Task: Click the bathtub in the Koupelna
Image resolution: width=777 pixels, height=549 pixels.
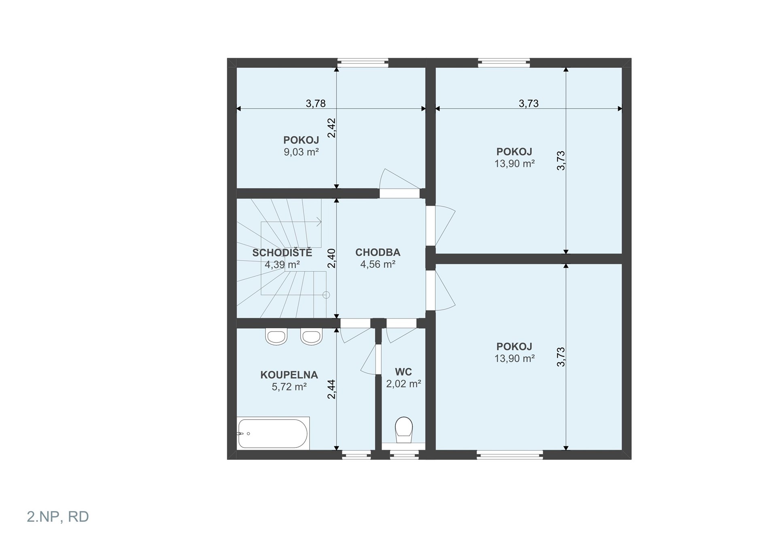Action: click(273, 433)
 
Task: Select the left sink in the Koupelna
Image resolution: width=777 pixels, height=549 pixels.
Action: click(276, 336)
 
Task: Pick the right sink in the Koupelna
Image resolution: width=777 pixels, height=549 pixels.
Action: click(311, 336)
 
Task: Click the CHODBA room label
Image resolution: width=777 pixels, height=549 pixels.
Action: click(378, 252)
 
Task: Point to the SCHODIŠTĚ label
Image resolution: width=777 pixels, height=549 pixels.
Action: click(282, 253)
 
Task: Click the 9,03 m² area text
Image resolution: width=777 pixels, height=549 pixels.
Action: click(301, 152)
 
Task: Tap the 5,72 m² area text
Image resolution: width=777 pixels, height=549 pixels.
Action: click(289, 386)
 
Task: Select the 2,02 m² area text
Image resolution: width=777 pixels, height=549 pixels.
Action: click(403, 383)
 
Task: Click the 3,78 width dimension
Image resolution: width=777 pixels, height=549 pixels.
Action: click(316, 103)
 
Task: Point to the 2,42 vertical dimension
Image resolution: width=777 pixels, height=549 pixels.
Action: click(331, 128)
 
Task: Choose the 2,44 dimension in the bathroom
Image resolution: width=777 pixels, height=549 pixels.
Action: click(331, 389)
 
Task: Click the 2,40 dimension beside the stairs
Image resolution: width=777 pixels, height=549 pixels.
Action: click(331, 258)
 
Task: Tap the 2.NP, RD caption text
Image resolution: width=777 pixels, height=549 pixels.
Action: click(58, 517)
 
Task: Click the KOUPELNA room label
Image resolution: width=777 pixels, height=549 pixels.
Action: click(289, 375)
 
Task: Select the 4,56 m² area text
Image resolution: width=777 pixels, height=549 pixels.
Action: click(378, 264)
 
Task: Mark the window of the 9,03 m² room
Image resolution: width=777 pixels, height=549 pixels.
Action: click(363, 63)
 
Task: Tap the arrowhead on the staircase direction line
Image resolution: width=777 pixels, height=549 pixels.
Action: click(319, 222)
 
